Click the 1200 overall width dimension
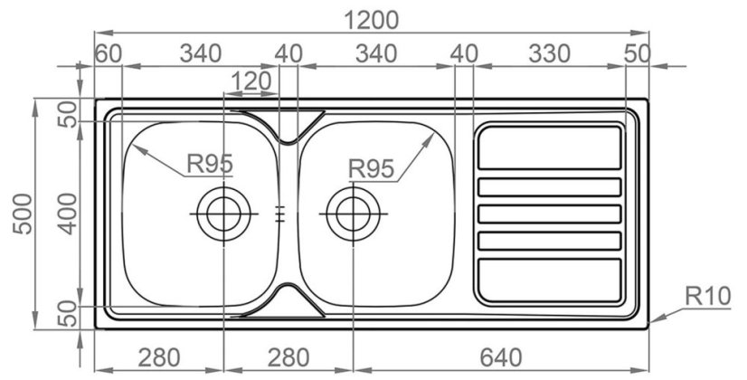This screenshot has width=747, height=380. click(x=371, y=21)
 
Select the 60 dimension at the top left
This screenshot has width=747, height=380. click(x=108, y=54)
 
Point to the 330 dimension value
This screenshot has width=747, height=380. click(x=549, y=54)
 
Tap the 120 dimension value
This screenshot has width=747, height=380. click(x=251, y=81)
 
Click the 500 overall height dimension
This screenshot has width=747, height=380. click(x=24, y=214)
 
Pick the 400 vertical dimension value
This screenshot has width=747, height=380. click(x=69, y=214)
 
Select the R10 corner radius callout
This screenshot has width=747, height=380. click(x=708, y=297)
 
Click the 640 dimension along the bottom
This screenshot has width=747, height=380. click(x=500, y=357)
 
